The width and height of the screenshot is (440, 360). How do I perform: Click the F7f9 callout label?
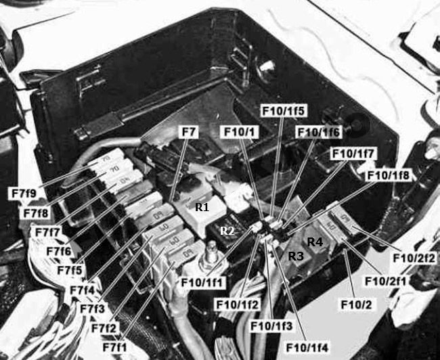click(24, 194)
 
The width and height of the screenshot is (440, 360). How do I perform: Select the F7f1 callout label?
click(114, 347)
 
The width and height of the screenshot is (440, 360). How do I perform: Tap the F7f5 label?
click(70, 270)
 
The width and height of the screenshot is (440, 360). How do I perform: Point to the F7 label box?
click(188, 132)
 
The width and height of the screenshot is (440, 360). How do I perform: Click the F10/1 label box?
click(240, 132)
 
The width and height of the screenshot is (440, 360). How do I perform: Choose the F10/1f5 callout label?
click(284, 110)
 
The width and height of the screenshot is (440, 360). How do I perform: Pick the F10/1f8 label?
click(389, 176)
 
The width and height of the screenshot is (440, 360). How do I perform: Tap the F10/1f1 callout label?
click(203, 283)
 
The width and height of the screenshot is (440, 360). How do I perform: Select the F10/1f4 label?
click(307, 348)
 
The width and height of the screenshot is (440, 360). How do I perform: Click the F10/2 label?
click(356, 305)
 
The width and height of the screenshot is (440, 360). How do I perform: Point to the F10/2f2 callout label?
click(414, 258)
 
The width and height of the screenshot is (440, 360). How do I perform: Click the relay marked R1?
click(202, 212)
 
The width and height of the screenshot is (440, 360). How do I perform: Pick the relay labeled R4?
click(315, 241)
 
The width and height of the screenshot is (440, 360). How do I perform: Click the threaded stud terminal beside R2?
click(211, 254)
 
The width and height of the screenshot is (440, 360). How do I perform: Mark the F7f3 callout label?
click(92, 309)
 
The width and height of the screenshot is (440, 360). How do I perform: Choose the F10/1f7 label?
click(353, 154)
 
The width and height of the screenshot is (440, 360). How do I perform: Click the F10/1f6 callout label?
click(319, 132)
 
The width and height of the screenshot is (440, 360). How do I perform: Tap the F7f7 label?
click(47, 232)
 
